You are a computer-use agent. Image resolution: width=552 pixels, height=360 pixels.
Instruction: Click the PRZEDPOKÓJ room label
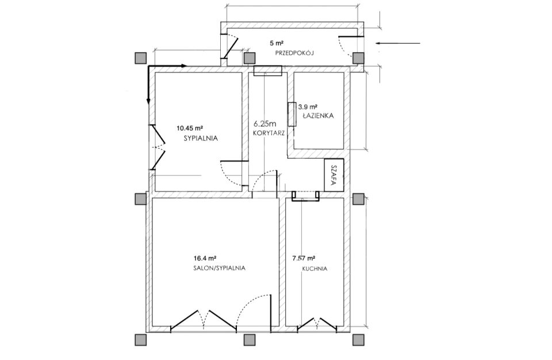(294, 53)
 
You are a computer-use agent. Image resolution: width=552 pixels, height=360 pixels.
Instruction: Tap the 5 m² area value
(277, 43)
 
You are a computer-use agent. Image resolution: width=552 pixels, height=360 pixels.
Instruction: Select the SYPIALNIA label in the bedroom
(201, 139)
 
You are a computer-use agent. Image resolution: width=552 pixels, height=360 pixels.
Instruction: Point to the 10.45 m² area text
(190, 128)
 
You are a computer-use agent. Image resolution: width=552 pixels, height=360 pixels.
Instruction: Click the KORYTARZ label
(269, 133)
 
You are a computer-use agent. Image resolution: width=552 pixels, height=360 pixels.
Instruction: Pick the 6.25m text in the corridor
(265, 124)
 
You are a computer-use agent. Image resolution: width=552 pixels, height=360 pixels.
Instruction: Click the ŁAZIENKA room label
(317, 116)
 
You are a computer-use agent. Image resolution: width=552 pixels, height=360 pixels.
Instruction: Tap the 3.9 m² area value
(308, 106)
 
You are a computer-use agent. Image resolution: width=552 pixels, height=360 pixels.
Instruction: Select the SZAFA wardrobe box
(333, 175)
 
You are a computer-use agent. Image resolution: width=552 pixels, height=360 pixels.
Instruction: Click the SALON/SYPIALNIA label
(219, 268)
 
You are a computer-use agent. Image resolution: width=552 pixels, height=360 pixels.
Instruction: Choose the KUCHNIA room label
(315, 269)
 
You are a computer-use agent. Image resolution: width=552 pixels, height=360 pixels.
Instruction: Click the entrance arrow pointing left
(398, 43)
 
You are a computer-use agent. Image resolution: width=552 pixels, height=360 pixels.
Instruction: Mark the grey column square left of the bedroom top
(140, 58)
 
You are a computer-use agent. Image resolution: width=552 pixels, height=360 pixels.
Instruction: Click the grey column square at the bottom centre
(249, 340)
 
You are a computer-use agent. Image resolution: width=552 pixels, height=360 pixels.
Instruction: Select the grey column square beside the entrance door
(358, 58)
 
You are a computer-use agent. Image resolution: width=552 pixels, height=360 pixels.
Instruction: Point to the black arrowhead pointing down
(148, 101)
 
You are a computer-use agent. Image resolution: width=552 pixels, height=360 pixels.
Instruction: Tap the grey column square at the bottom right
(358, 340)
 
